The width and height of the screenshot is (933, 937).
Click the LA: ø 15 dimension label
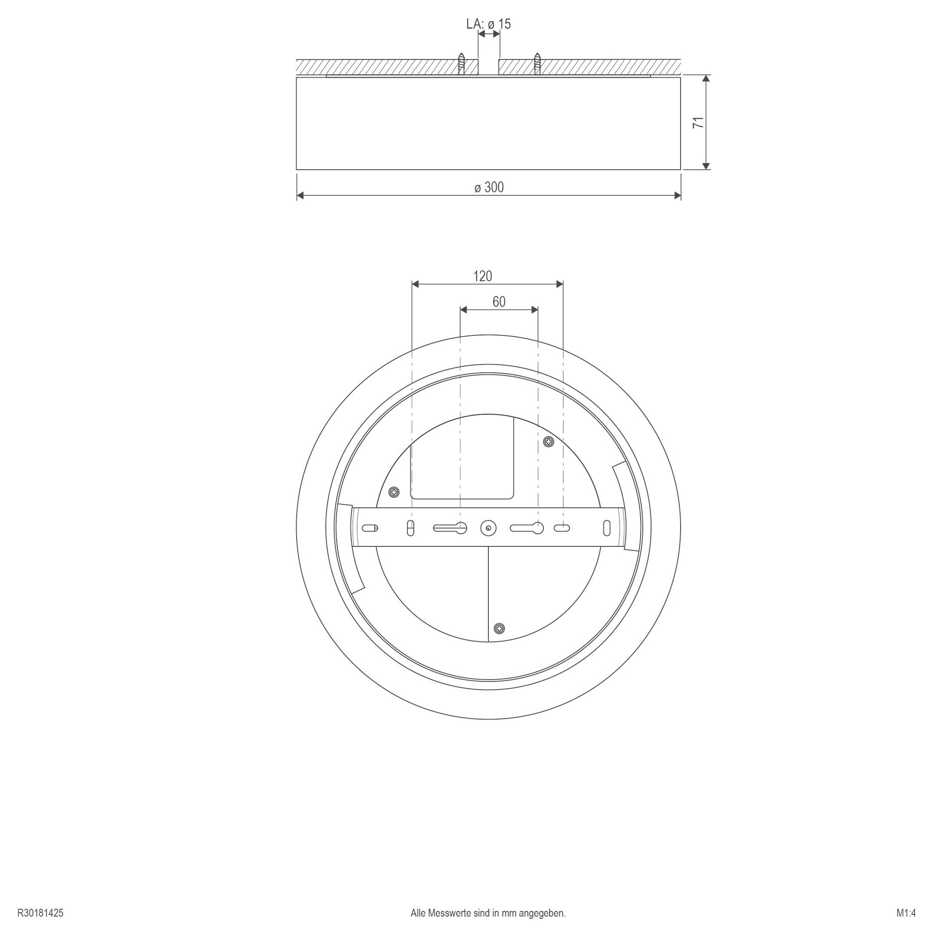click(488, 24)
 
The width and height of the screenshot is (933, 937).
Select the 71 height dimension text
click(698, 122)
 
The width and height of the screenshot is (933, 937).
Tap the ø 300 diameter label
click(489, 187)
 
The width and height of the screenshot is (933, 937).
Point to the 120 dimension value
click(482, 276)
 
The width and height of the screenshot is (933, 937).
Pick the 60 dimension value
click(499, 302)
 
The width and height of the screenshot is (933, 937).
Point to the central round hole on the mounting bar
click(488, 528)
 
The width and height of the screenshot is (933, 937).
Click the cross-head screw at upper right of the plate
click(548, 442)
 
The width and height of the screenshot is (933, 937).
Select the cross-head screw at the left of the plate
click(395, 493)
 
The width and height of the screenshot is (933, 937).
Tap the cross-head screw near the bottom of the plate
click(499, 628)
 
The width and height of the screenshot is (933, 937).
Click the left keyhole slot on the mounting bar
click(450, 528)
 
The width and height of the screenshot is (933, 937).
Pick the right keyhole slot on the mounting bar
click(527, 528)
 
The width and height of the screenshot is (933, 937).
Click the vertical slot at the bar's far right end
click(607, 528)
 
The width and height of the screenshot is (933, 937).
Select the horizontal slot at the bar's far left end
click(370, 528)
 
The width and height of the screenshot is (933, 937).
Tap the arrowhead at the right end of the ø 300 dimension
click(678, 195)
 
